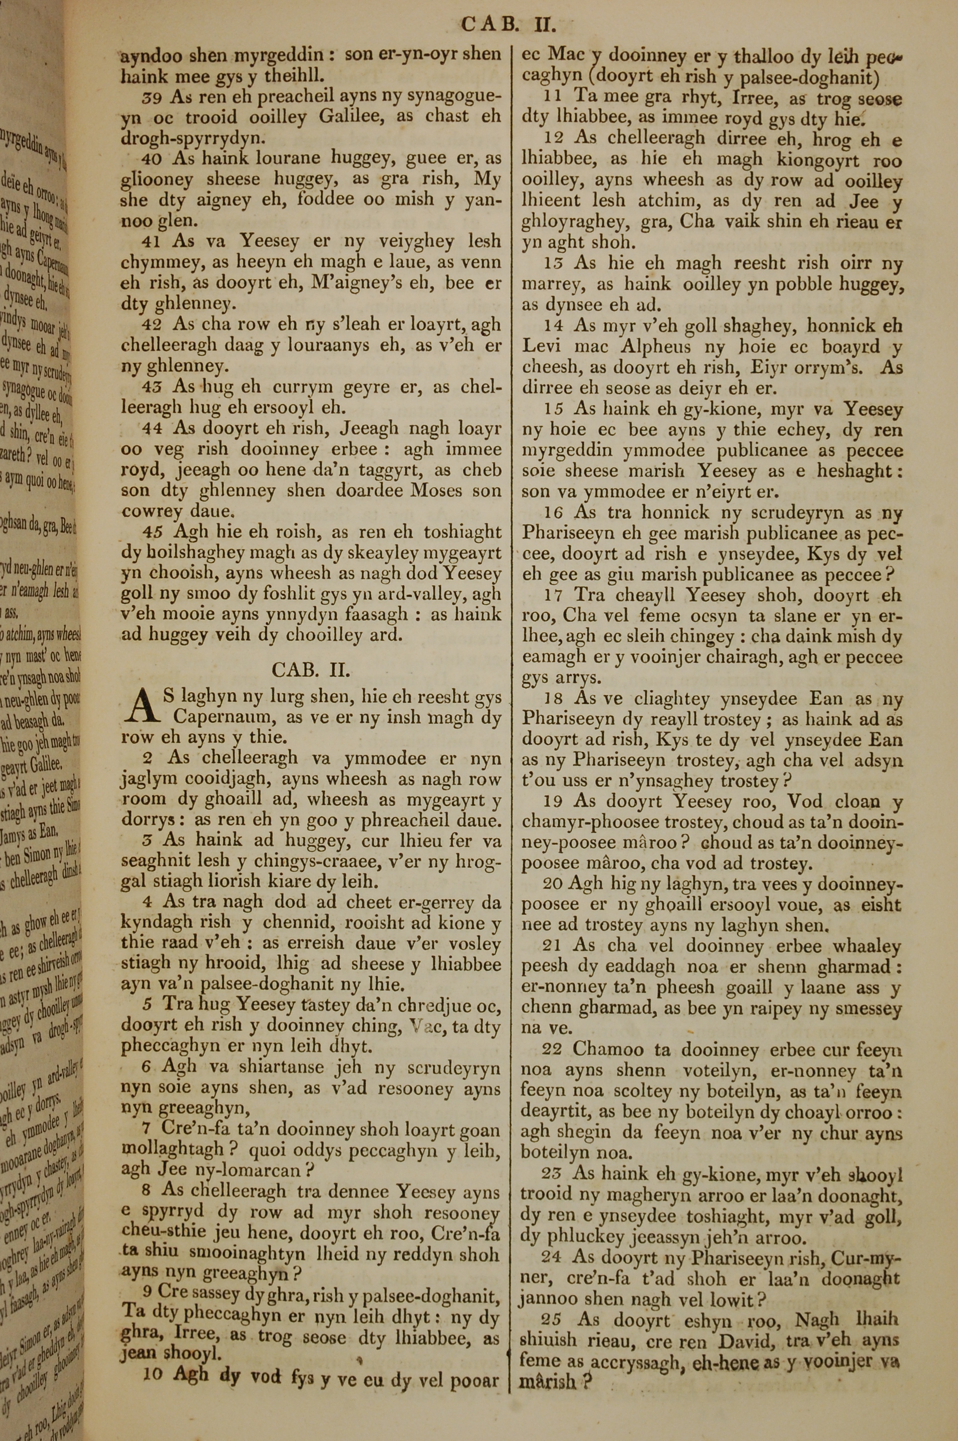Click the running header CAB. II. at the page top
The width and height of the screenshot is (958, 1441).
[508, 25]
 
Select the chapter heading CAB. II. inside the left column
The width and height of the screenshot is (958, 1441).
[310, 670]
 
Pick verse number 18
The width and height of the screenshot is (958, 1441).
[552, 699]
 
